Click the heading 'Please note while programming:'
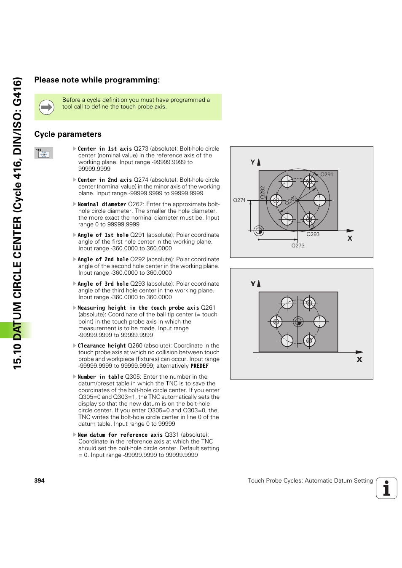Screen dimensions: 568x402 click(x=97, y=80)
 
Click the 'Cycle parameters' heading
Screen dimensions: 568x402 click(x=68, y=134)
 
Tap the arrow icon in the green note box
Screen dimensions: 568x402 click(x=46, y=107)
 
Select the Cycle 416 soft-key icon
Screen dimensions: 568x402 click(x=44, y=153)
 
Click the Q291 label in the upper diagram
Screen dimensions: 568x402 click(x=327, y=174)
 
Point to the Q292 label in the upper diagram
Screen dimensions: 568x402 click(x=262, y=192)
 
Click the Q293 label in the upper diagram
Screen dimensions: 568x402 click(x=313, y=234)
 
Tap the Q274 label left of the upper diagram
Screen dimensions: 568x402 click(x=239, y=200)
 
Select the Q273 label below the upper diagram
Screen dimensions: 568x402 click(x=298, y=245)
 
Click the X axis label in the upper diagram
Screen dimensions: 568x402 click(x=350, y=239)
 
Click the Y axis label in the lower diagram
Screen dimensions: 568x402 click(x=253, y=284)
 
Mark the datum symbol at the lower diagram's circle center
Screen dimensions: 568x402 click(x=298, y=322)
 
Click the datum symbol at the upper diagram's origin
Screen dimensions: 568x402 click(x=259, y=231)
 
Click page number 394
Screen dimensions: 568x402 click(x=39, y=480)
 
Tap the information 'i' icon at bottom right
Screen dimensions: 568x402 click(x=386, y=488)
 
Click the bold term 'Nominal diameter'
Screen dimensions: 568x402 click(x=102, y=204)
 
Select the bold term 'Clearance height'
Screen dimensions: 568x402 click(x=102, y=346)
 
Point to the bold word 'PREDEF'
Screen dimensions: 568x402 click(x=199, y=366)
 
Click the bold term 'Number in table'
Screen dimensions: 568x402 click(x=100, y=377)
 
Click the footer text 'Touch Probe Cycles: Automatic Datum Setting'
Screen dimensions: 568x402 click(x=310, y=480)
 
